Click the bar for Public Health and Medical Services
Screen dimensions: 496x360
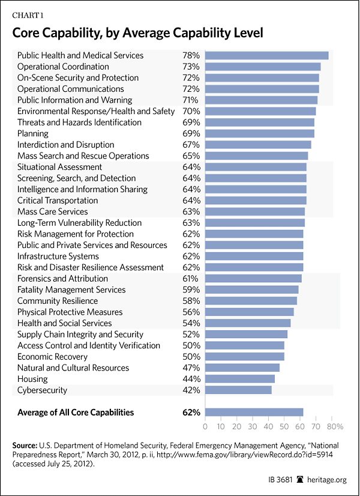(x=266, y=55)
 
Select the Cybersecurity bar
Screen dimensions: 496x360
(x=238, y=390)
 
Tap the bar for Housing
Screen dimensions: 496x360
(x=239, y=379)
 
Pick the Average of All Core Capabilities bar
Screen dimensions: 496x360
(x=254, y=412)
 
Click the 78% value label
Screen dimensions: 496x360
(x=191, y=55)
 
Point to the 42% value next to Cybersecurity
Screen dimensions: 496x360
(x=191, y=390)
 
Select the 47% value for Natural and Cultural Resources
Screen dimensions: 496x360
(x=191, y=368)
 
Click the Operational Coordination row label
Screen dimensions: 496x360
(x=63, y=67)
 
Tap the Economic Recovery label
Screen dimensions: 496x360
(x=52, y=357)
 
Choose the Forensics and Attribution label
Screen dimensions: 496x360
(x=62, y=279)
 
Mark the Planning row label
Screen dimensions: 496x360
(x=34, y=133)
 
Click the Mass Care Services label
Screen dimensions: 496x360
(x=52, y=211)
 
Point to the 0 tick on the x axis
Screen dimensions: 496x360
(x=205, y=426)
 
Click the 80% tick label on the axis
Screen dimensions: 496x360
(x=335, y=426)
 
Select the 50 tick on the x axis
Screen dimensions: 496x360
(x=284, y=426)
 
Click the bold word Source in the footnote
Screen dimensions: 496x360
(x=26, y=446)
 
